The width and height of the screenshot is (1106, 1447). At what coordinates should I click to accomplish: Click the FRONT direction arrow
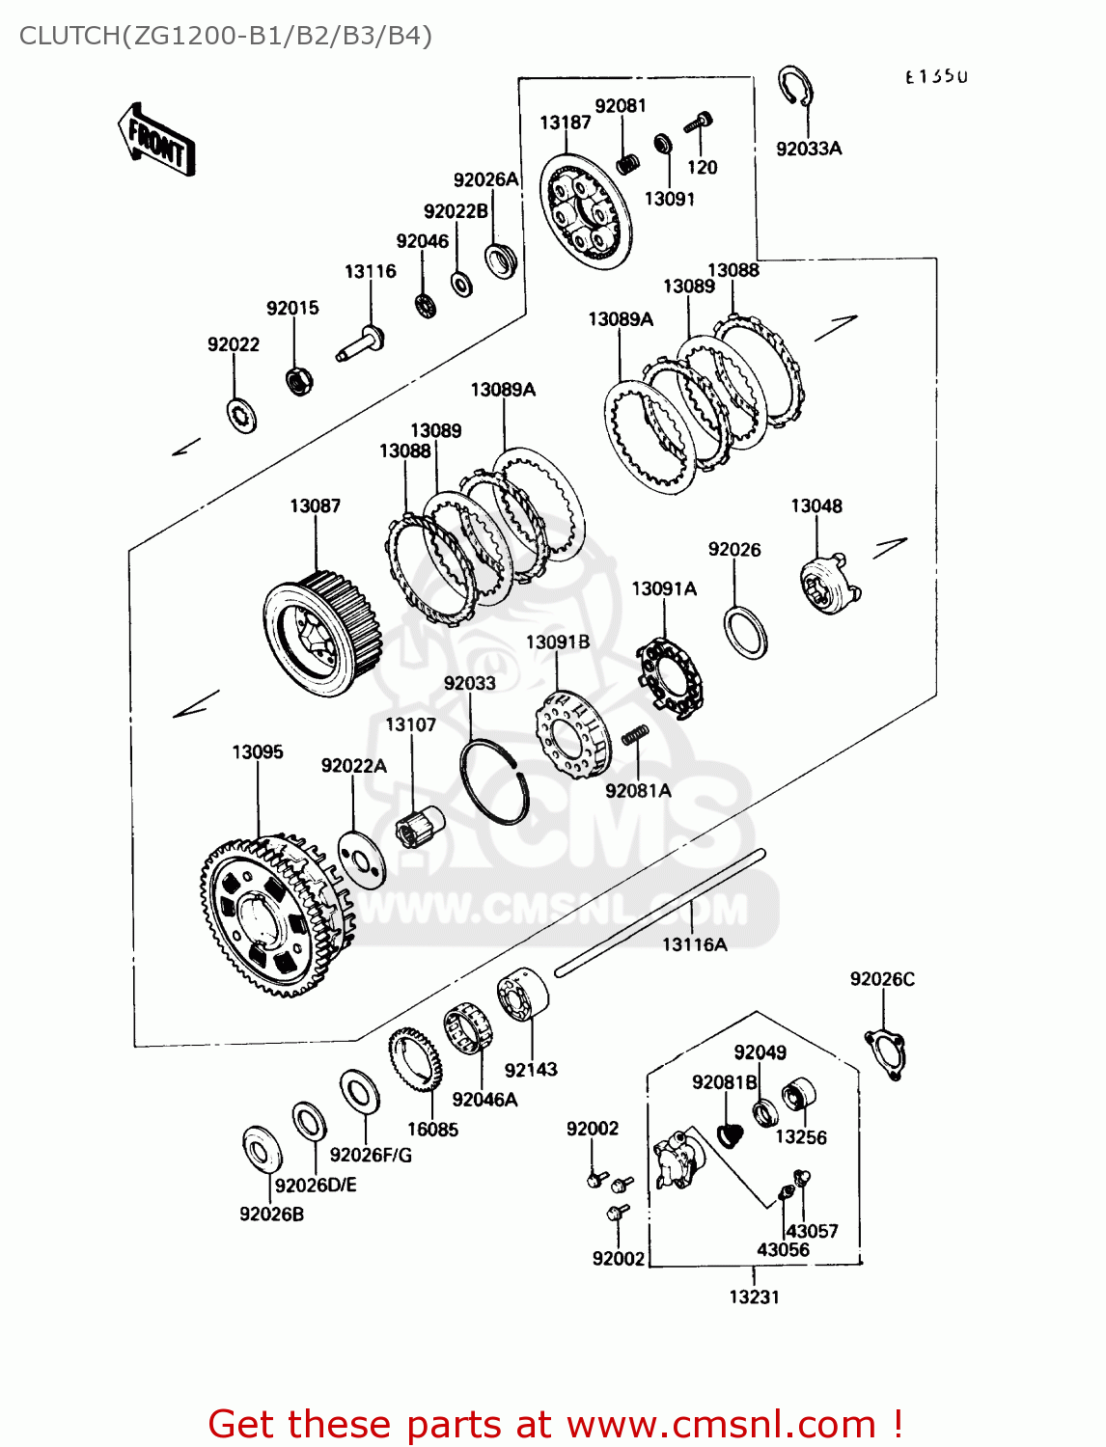click(x=156, y=141)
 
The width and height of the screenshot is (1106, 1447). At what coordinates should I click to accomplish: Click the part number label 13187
click(x=565, y=123)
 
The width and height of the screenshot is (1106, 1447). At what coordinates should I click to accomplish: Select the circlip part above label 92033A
click(x=795, y=89)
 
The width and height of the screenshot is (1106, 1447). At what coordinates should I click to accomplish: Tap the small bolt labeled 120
click(x=700, y=123)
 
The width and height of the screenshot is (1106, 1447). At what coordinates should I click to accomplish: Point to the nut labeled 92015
click(x=299, y=379)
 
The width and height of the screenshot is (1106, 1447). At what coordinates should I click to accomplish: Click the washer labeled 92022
click(x=241, y=415)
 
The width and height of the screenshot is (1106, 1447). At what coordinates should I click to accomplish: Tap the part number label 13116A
click(x=694, y=944)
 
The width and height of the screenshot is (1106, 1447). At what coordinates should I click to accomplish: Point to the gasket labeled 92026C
click(x=885, y=1054)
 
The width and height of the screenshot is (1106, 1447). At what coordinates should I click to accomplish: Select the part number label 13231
click(x=754, y=1297)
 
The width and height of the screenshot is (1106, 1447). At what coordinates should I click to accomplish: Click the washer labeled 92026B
click(x=262, y=1149)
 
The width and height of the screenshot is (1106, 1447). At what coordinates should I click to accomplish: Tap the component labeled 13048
click(x=828, y=585)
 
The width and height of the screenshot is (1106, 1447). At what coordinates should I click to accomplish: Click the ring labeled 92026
click(x=746, y=633)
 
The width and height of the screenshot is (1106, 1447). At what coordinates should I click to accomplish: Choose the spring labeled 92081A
click(x=634, y=735)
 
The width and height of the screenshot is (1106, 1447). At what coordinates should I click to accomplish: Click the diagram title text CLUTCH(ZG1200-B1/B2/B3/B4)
click(x=225, y=36)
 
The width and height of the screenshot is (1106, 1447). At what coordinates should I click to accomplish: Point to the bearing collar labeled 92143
click(x=522, y=995)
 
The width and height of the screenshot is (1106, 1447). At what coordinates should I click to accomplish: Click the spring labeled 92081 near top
click(x=627, y=163)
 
